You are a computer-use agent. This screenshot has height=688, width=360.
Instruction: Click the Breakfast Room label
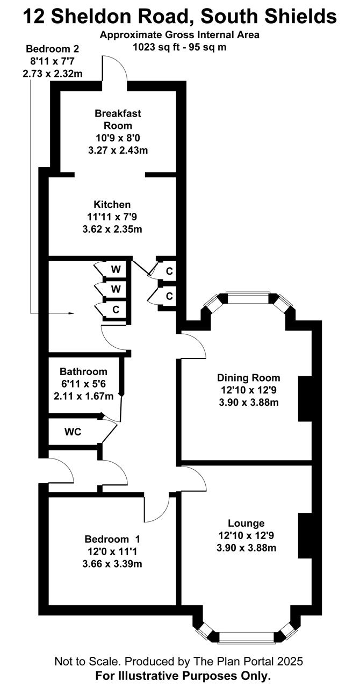118,119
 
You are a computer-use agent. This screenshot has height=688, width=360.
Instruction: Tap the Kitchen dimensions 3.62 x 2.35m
112,229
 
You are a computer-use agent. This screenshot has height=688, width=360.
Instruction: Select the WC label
73,432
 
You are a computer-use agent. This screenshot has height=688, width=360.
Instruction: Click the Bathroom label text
83,371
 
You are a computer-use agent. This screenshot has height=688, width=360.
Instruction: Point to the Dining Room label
248,377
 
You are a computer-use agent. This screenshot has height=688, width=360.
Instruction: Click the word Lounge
246,523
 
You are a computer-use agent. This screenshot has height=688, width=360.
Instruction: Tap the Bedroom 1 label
112,539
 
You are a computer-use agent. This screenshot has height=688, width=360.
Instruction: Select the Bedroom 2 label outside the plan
52,48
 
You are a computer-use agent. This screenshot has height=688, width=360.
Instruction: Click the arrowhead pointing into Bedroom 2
71,313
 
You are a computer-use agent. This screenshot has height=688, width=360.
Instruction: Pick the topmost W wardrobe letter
116,269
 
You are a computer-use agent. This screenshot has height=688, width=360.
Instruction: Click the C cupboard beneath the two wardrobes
116,309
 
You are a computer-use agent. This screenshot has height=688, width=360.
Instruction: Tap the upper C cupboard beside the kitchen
169,271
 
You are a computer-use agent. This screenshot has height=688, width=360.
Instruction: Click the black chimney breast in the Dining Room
305,399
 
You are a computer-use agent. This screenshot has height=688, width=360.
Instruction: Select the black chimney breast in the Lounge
305,536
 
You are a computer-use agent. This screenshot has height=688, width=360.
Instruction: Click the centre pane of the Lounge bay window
246,637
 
